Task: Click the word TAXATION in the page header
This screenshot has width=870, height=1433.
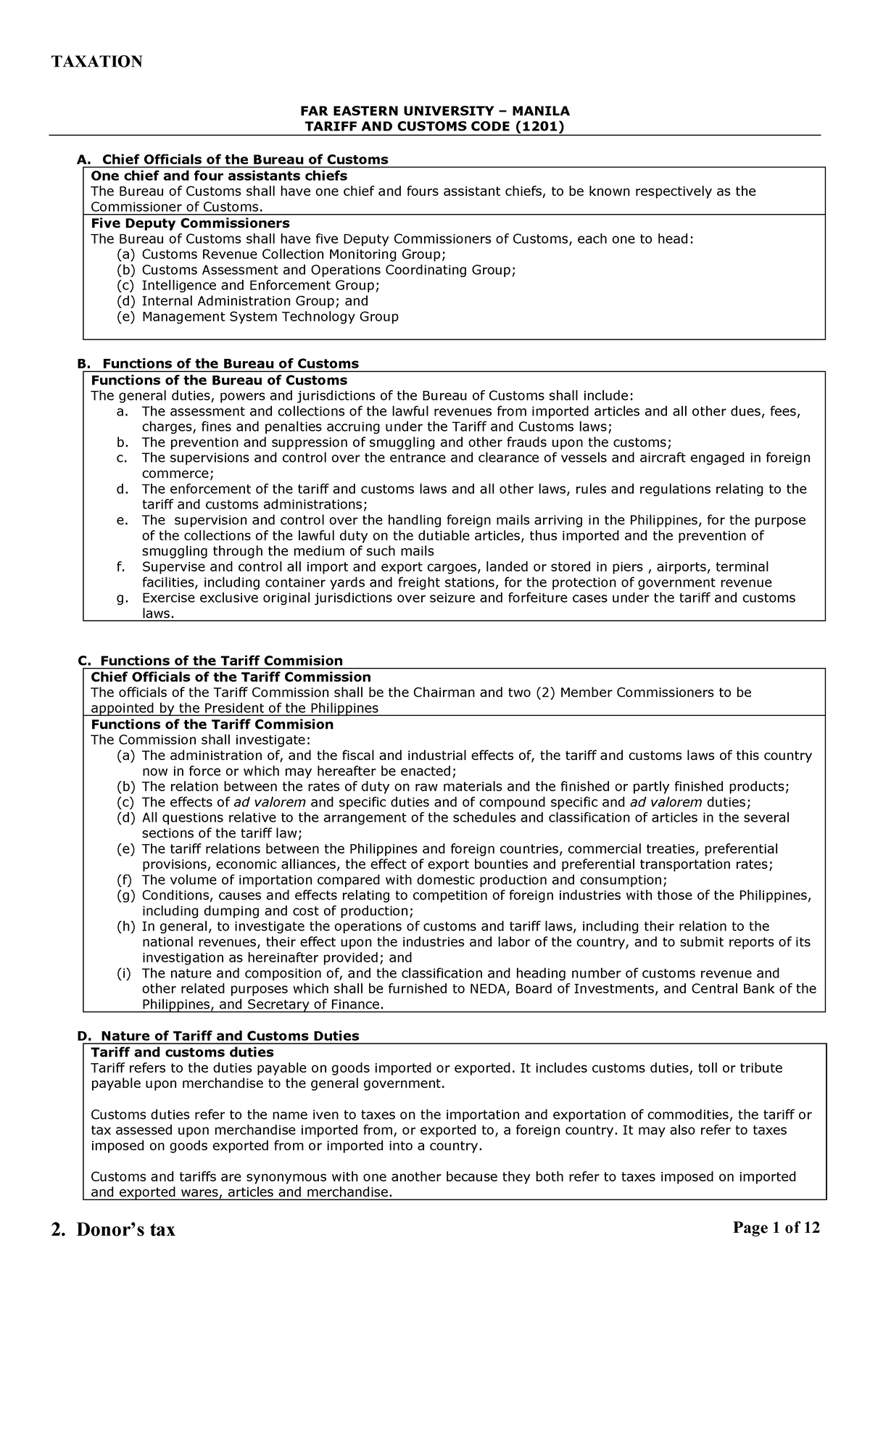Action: click(96, 62)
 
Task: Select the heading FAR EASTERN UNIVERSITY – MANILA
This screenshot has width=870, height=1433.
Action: click(435, 111)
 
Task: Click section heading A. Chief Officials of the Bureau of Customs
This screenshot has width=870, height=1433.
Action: click(233, 159)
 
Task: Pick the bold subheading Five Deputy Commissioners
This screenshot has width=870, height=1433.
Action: click(190, 223)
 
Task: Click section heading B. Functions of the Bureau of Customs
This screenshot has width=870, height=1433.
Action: click(218, 363)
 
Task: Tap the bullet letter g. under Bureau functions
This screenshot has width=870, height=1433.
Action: click(122, 598)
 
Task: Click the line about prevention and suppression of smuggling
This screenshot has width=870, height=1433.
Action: click(406, 442)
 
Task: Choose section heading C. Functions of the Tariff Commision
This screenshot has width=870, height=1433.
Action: click(210, 660)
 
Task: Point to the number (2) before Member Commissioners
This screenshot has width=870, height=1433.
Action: click(546, 693)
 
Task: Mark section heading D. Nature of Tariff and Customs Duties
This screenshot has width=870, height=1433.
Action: click(218, 1036)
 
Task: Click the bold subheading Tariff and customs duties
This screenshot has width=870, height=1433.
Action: click(182, 1052)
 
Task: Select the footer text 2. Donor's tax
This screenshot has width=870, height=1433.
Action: click(113, 1230)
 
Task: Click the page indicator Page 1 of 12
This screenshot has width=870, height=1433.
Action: click(776, 1227)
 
